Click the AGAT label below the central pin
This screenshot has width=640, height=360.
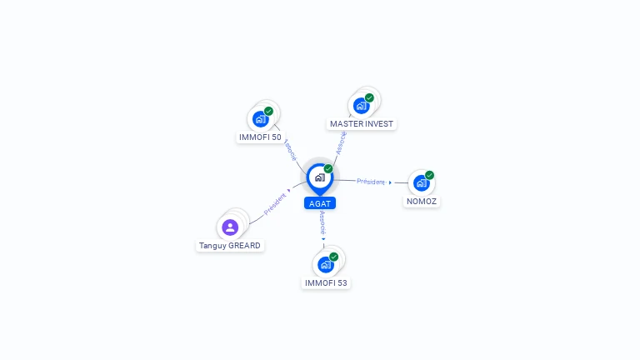(320, 203)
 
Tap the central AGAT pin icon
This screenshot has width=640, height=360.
(320, 178)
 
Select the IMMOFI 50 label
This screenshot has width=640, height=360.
(260, 137)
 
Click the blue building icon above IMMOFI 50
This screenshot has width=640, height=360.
(260, 119)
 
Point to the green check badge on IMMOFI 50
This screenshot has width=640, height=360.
(268, 111)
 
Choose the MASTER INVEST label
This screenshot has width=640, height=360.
(362, 123)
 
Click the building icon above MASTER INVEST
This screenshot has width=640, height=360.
(361, 106)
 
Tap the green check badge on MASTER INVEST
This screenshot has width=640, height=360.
(369, 98)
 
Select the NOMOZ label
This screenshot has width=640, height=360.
(422, 201)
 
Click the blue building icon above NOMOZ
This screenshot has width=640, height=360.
(421, 182)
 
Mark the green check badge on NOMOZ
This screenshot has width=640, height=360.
(429, 175)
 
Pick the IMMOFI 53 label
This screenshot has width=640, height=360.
(326, 282)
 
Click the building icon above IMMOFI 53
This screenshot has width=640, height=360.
(326, 265)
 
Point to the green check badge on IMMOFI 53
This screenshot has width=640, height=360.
(334, 257)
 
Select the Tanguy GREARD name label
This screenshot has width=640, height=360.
(230, 245)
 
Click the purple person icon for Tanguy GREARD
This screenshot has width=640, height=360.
(230, 227)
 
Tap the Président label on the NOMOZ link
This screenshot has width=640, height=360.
(371, 182)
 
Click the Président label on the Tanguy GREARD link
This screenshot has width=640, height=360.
(275, 203)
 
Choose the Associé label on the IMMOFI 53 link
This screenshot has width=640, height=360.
(322, 222)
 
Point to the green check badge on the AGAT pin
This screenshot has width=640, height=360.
(328, 169)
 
